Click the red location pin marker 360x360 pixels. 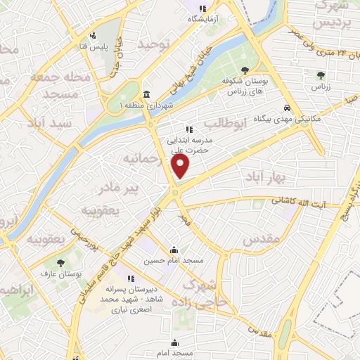(181, 167)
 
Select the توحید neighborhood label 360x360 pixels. (154, 44)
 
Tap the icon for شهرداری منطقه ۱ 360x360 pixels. (146, 95)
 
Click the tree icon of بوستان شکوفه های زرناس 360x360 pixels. (244, 70)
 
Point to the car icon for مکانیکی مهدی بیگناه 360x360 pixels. (287, 108)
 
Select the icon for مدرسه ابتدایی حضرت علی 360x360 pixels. (188, 129)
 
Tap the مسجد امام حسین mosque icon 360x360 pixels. (174, 250)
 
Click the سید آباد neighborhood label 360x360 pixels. (50, 122)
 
